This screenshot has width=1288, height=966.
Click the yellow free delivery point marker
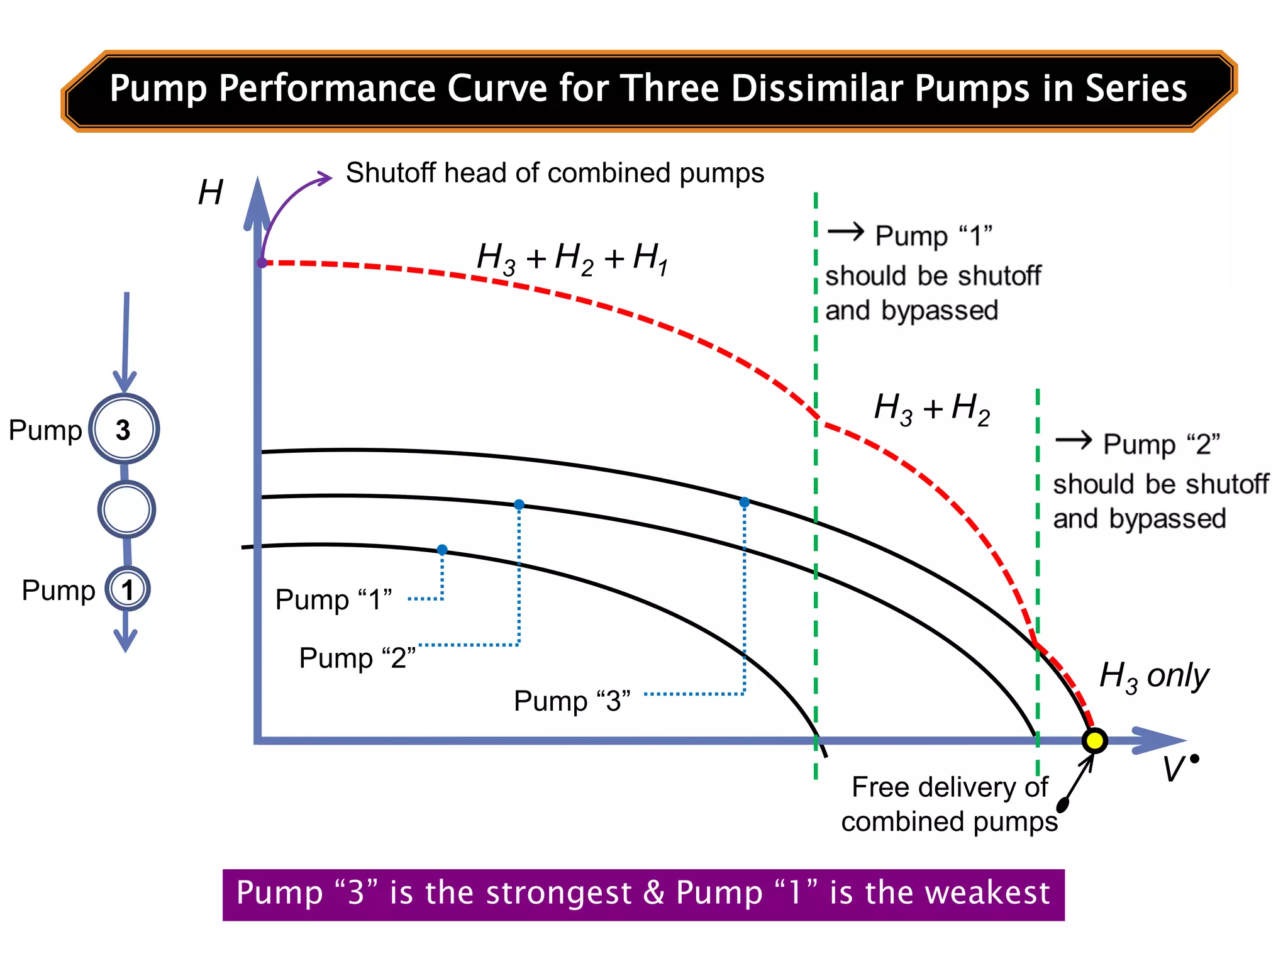pos(1094,740)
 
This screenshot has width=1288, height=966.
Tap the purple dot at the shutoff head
pos(262,263)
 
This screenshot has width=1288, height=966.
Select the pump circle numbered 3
pos(124,430)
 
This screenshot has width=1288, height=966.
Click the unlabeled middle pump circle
pos(126,509)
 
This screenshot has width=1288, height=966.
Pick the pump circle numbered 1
pos(128,589)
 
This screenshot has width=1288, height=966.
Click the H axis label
pos(210,192)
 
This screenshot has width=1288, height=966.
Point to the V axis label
pos(1175,769)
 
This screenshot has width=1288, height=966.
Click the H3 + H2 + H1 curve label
pos(572,258)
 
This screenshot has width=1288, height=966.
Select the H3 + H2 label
pos(931,409)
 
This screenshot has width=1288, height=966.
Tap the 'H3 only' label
pos(1153,677)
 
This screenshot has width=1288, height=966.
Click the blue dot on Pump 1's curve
pos(442,550)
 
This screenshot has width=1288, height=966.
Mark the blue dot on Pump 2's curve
pos(519,504)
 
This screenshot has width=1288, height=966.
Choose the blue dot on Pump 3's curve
pos(744,502)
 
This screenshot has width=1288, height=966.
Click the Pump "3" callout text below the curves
pos(572,701)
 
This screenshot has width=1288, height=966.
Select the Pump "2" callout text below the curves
pos(357,658)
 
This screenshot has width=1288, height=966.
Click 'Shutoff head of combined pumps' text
pos(555,173)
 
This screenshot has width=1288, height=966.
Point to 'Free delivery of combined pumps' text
pos(949,804)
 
